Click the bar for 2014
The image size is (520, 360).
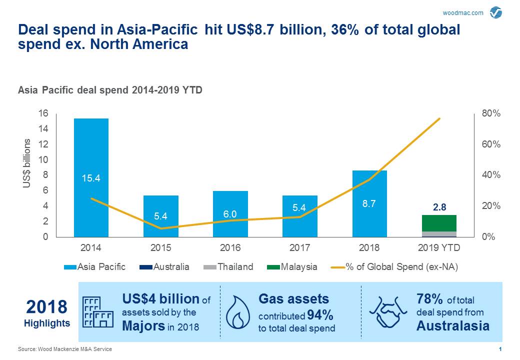[x=91, y=150]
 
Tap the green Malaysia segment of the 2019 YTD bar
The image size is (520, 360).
[x=439, y=223]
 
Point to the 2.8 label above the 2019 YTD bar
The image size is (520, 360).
[x=439, y=206]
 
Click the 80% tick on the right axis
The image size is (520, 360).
[x=490, y=114]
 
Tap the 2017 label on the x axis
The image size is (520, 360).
[x=299, y=248]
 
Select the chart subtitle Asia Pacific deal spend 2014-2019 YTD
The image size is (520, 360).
[x=110, y=90]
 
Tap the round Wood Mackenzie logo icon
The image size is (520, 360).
[x=496, y=12]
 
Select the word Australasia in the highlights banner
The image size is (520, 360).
[x=452, y=326]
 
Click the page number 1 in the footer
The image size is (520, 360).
[x=500, y=349]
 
